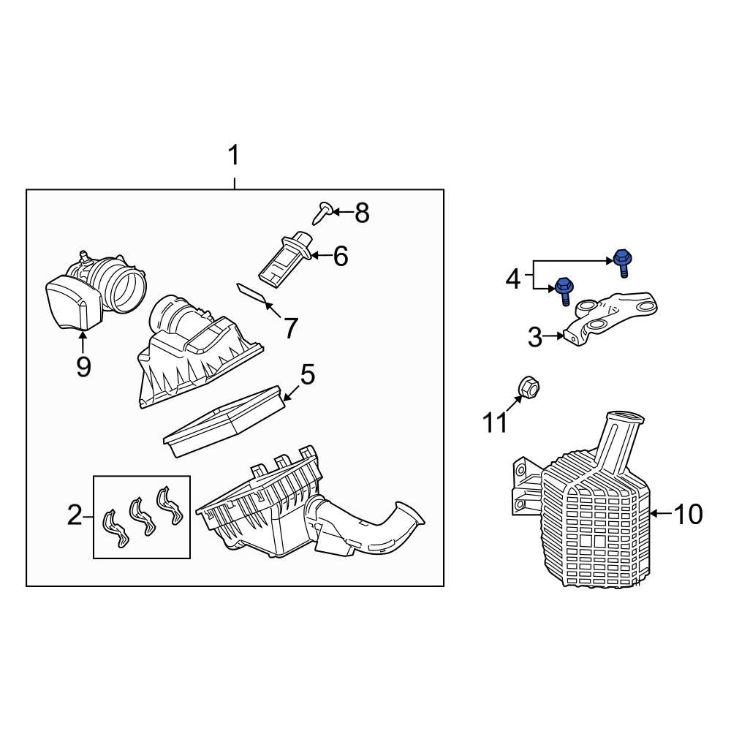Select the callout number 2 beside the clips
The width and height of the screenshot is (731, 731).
click(75, 515)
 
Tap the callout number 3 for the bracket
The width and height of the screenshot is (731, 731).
click(535, 336)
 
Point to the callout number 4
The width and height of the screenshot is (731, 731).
click(513, 279)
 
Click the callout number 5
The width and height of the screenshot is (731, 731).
click(308, 374)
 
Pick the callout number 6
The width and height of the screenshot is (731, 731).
click(341, 257)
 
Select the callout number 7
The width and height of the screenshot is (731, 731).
click(291, 328)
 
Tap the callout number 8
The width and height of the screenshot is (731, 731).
click(362, 213)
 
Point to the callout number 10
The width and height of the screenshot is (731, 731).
click(688, 514)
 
